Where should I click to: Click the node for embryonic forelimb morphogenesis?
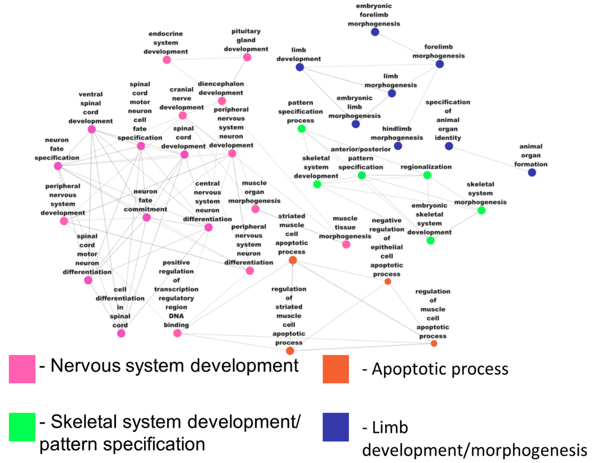(375, 32)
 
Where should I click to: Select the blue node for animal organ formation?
(532, 172)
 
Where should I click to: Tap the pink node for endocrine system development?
(167, 60)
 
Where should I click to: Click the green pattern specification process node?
(301, 129)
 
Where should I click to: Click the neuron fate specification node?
(58, 166)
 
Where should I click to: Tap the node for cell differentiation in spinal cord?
(121, 333)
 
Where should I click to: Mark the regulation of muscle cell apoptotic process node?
(434, 343)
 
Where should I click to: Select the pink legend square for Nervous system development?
(22, 369)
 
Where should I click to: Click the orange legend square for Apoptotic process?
(336, 369)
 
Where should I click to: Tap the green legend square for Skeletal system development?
(22, 427)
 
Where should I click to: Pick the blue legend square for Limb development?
(336, 427)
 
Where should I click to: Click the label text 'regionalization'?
(426, 167)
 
